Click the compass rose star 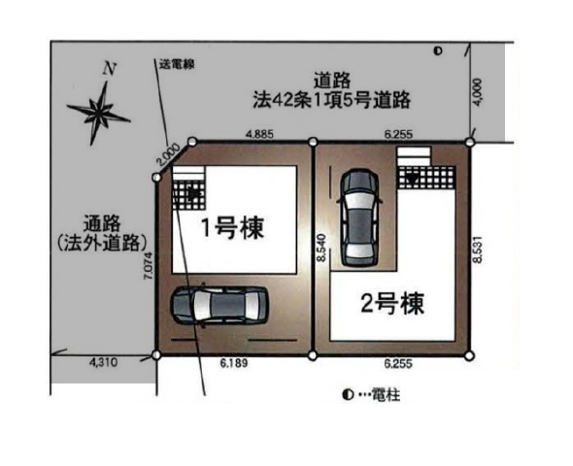pos(99,113)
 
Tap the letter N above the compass pos(110,68)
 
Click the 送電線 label pos(177,65)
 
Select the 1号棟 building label pos(233,227)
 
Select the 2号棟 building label pos(392,304)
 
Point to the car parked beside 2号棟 pos(360,217)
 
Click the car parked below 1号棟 pos(220,305)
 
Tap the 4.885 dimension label pos(259,134)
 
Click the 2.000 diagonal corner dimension pos(168,154)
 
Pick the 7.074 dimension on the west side pos(150,266)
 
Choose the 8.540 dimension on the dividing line pos(321,248)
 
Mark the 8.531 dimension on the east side pos(478,250)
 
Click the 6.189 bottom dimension pos(234,363)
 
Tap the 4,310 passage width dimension pos(103,362)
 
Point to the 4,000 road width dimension pos(478,93)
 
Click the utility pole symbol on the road pos(438,51)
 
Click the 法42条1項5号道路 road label pos(332,100)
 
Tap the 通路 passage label pos(102,223)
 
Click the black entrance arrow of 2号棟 pos(414,179)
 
